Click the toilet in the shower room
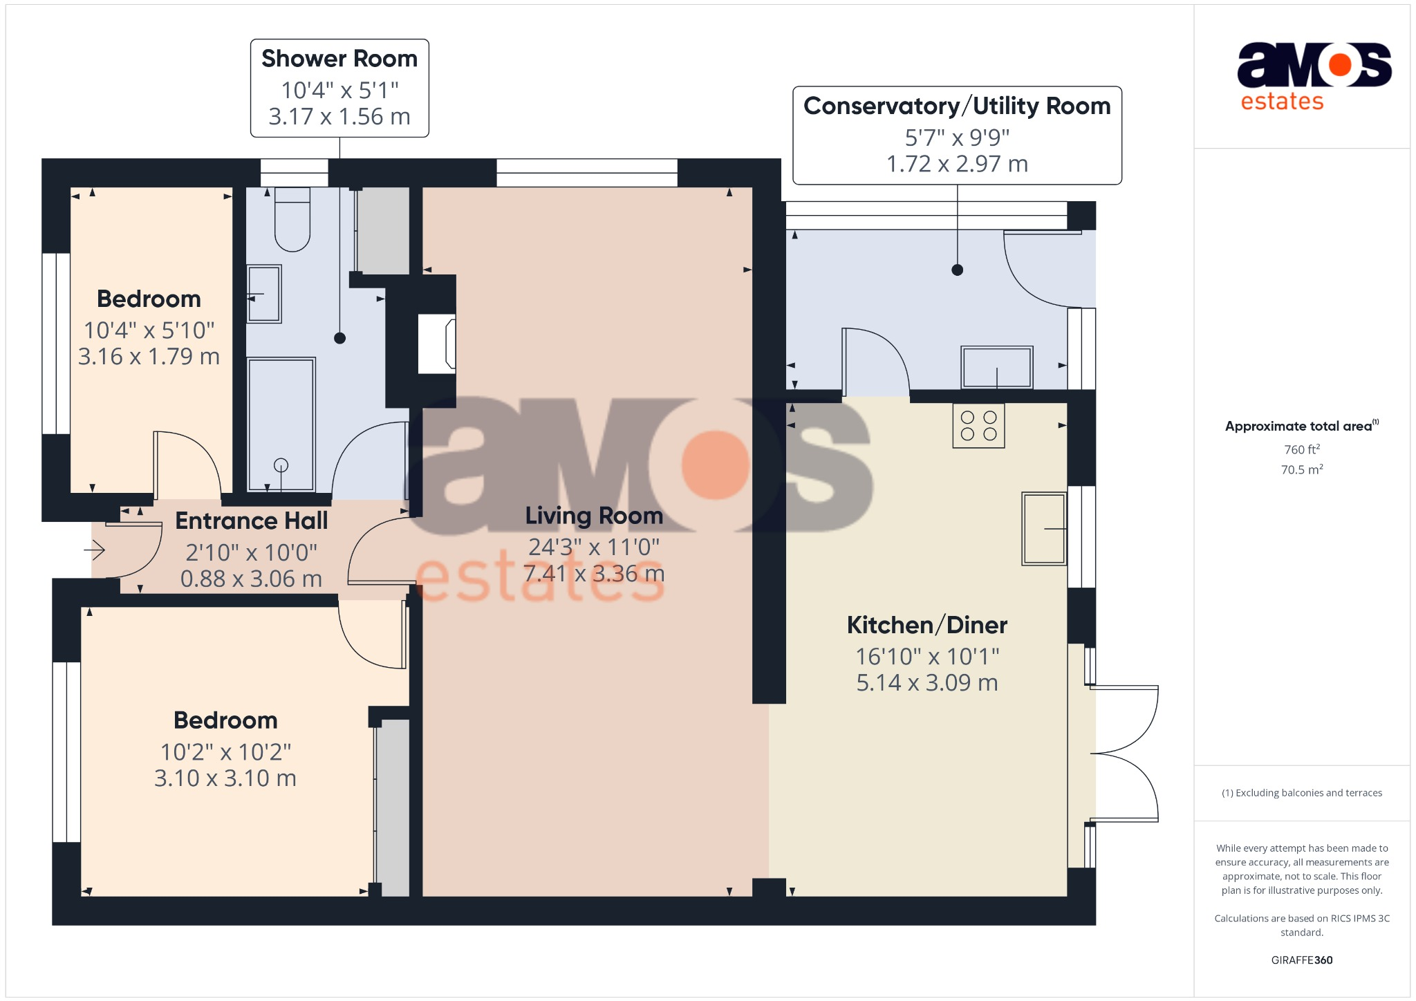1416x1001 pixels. point(292,220)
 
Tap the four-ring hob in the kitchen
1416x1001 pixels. point(978,426)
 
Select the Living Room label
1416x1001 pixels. point(593,516)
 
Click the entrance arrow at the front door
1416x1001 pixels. point(95,550)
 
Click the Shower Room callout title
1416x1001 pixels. point(339,59)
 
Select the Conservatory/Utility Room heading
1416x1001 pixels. point(957,106)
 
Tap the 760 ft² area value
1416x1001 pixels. point(1302,449)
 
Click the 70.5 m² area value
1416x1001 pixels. point(1302,469)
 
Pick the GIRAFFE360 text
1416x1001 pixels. point(1302,960)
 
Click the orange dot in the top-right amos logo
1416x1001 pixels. point(1340,65)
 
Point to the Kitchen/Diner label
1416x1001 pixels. point(926,625)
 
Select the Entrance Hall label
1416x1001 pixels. point(251,521)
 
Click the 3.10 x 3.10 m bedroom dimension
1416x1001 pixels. point(225,778)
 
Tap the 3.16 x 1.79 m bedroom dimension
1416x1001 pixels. point(149,357)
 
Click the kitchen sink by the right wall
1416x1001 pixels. point(1044,529)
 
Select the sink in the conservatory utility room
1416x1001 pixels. point(996,367)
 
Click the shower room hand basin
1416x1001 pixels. point(264,294)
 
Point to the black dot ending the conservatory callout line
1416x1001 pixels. point(957,270)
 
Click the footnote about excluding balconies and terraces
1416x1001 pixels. point(1302,793)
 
